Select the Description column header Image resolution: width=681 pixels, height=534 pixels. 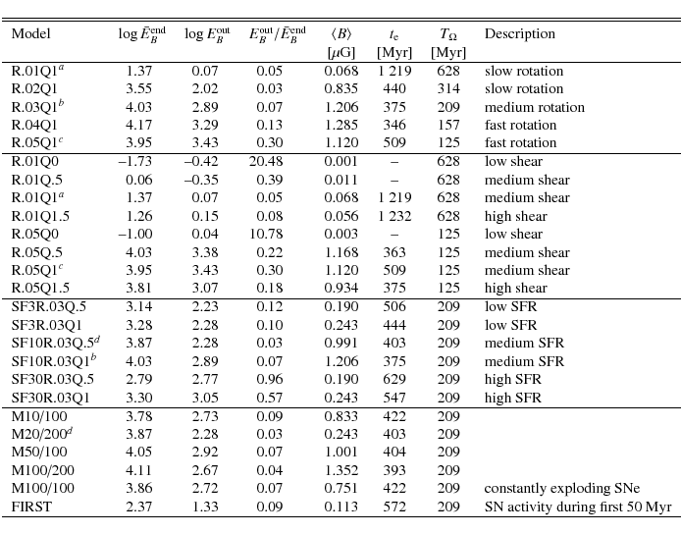pyautogui.click(x=519, y=34)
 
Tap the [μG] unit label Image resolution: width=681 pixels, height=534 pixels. pyautogui.click(x=340, y=53)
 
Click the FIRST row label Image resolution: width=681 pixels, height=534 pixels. pyautogui.click(x=31, y=507)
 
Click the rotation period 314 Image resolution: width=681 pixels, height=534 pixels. pyautogui.click(x=448, y=89)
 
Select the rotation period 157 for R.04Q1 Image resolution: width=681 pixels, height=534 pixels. pyautogui.click(x=448, y=126)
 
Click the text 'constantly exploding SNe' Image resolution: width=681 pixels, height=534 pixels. pyautogui.click(x=561, y=488)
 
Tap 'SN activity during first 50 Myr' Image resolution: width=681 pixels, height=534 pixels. pyautogui.click(x=578, y=507)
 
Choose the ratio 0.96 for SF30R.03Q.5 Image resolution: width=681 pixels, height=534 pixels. pyautogui.click(x=269, y=379)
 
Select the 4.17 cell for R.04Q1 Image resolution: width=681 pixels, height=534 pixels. pyautogui.click(x=138, y=126)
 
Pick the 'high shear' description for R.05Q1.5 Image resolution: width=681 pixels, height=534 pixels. pyautogui.click(x=515, y=289)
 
